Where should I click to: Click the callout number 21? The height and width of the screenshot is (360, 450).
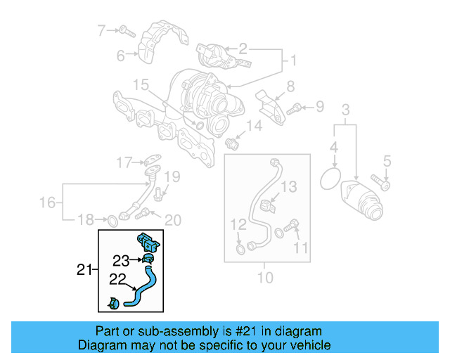84,269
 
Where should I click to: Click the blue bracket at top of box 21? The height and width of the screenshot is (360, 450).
148,240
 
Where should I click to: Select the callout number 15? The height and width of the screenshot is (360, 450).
141,86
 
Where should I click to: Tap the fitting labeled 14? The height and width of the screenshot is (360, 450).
235,143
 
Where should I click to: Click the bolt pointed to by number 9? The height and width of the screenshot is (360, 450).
295,108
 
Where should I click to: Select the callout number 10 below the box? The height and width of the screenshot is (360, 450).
265,277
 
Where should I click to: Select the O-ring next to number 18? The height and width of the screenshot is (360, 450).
111,222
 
